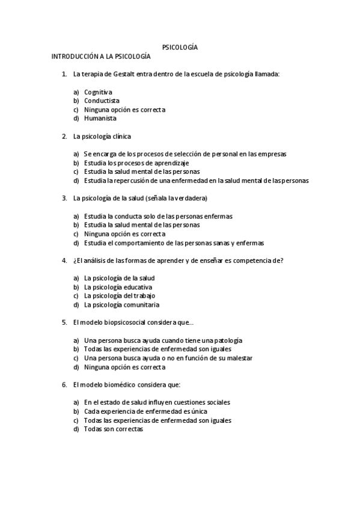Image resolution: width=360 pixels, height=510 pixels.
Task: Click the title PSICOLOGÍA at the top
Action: click(180, 47)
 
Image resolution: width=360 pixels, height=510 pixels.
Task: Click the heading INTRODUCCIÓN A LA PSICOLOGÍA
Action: click(100, 56)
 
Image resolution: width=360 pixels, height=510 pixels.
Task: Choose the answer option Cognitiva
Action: click(98, 92)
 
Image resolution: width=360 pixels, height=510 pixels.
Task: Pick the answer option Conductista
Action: click(102, 101)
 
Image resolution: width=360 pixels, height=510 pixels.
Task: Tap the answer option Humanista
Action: click(100, 118)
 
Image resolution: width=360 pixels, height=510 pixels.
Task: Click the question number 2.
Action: click(64, 137)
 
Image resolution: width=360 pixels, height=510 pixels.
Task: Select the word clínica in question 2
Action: click(120, 137)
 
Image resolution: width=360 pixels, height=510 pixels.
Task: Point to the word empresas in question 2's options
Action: click(271, 154)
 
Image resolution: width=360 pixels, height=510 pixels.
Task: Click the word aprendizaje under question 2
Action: click(172, 163)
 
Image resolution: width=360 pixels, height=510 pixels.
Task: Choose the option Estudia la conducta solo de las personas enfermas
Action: click(158, 216)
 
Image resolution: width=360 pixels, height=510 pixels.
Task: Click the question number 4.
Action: click(64, 260)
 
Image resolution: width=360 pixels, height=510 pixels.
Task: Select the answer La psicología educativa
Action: click(118, 287)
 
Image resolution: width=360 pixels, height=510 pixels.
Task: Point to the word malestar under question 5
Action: click(237, 358)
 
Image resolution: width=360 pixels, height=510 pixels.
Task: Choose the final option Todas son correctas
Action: click(114, 429)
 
